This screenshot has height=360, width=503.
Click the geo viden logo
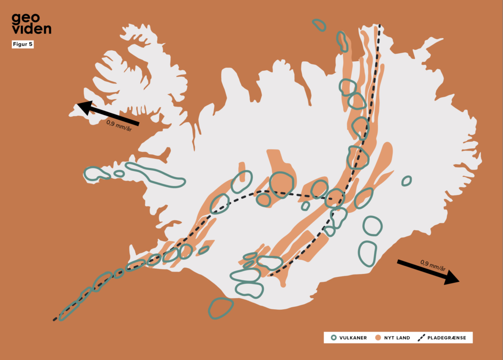point(31,23)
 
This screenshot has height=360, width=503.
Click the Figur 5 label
point(22,44)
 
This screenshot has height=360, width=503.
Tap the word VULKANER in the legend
point(353,338)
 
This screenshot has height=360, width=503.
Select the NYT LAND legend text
point(397,338)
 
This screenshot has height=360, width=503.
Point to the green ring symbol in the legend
point(334,338)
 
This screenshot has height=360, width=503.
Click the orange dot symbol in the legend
point(378,338)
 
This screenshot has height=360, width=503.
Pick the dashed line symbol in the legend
point(422,338)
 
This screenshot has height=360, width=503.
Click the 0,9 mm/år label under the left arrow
point(119,126)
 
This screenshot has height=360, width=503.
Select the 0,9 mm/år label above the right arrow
point(433,266)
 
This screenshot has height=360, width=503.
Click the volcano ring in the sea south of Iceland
point(221,308)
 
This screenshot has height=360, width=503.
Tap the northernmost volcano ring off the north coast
point(319,25)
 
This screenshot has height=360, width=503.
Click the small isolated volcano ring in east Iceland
point(406,181)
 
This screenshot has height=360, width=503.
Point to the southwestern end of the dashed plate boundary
point(55,320)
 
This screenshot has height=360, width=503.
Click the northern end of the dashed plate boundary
point(379,25)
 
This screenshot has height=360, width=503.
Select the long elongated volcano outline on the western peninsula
point(155,174)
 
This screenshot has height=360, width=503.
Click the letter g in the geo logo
point(17,19)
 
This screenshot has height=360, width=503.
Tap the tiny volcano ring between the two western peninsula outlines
point(119,173)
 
